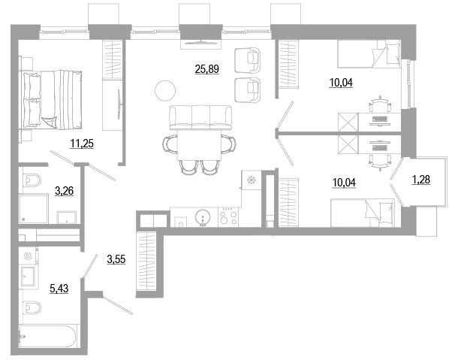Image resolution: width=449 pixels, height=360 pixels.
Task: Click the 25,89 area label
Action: coord(206,69)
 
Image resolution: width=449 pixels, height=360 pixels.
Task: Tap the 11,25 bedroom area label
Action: coord(82,144)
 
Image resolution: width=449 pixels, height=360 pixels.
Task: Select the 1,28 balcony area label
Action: coord(421,180)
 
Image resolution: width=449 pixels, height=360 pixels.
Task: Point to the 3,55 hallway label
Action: coord(116,259)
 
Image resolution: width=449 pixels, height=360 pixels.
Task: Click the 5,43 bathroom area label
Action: coord(59,289)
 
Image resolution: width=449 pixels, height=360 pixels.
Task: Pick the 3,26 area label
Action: coord(64,190)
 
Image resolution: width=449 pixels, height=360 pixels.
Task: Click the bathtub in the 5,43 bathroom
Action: coord(47,337)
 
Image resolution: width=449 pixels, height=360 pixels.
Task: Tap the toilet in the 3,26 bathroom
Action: coord(32,180)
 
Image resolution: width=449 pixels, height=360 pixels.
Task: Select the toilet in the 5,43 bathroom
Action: coord(32,307)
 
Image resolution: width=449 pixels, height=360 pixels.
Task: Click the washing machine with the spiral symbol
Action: coord(29,256)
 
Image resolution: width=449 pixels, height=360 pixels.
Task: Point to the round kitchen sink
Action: coord(203,217)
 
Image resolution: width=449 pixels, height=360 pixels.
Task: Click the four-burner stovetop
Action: coord(228,217)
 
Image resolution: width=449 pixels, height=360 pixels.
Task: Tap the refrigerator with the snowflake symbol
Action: coord(251,180)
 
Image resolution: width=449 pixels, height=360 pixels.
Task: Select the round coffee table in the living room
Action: coord(165,91)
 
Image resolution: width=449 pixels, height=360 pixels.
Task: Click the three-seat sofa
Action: coord(200,117)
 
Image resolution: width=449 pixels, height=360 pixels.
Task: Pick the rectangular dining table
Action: coord(199,145)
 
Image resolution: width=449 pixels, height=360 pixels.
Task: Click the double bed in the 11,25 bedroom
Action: coord(50,100)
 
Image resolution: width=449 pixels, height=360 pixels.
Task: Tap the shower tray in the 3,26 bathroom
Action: coord(34,209)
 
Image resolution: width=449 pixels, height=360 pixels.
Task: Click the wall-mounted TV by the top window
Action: coord(200,43)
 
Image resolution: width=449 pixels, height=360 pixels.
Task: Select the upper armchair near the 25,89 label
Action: coord(248,60)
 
